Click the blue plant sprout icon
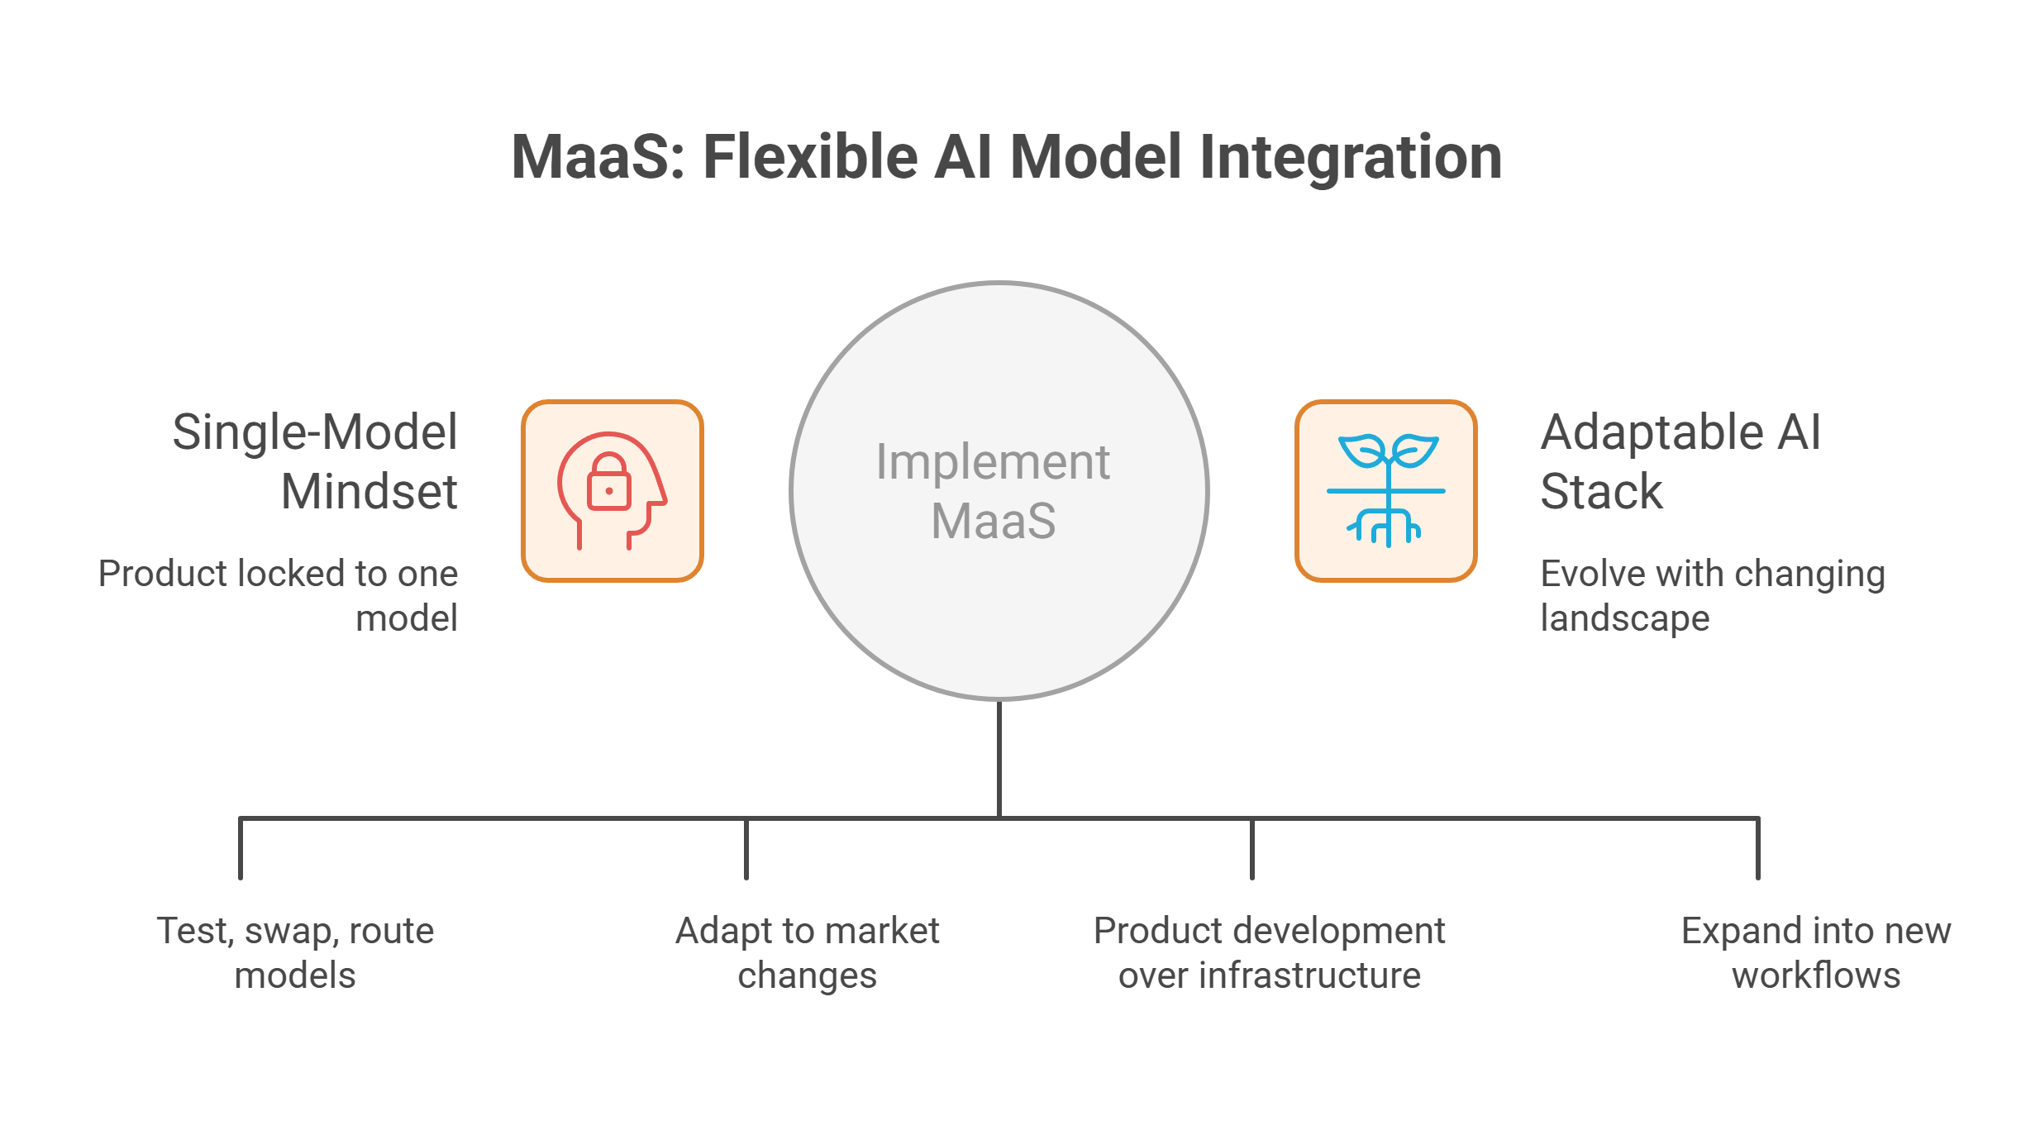1386,490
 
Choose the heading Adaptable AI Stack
1680,461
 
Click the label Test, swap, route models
295,953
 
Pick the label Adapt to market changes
807,953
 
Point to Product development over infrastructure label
1269,953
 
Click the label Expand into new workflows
1816,953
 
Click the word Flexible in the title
810,157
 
